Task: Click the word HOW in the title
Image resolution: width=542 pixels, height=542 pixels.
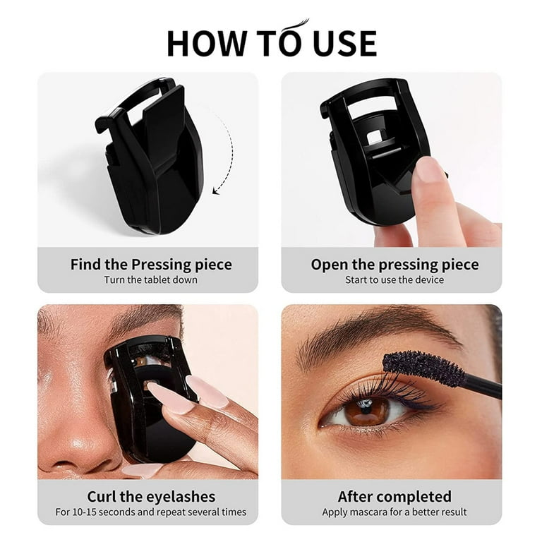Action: tap(207, 44)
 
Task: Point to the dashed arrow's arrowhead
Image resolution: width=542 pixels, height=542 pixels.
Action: tap(217, 190)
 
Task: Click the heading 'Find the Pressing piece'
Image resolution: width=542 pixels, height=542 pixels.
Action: tap(151, 265)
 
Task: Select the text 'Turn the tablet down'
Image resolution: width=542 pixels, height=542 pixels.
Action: tap(151, 279)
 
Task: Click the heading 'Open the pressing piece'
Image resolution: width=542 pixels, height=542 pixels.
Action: tap(395, 265)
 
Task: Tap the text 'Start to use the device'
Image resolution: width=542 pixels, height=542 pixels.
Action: tap(395, 279)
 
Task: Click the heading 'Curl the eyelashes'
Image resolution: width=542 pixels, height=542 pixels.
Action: tap(151, 497)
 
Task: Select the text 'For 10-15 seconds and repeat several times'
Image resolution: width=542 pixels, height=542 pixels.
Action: tap(151, 512)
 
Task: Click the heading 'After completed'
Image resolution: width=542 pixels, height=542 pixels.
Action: tap(395, 497)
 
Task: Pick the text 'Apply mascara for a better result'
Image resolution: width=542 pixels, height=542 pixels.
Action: tap(395, 512)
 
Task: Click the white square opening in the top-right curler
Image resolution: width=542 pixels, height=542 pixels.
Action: tap(375, 137)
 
